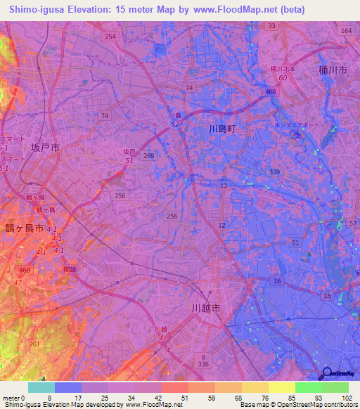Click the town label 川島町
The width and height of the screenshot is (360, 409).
coord(224,129)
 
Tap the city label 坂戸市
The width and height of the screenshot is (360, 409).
coord(45,148)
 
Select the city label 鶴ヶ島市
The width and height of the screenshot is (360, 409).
coord(25,229)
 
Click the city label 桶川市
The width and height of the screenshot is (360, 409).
coord(332,71)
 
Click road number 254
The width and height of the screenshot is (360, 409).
coord(109,36)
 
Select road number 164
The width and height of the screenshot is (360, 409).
coord(346,31)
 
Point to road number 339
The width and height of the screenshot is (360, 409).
coord(274,171)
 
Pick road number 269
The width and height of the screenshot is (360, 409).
coord(148,156)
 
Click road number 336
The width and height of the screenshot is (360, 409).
coord(204,365)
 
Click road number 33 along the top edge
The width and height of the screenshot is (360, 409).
coord(272,26)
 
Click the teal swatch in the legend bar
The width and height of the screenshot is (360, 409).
coord(41,387)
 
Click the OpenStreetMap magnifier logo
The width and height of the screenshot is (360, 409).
coord(328,372)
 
